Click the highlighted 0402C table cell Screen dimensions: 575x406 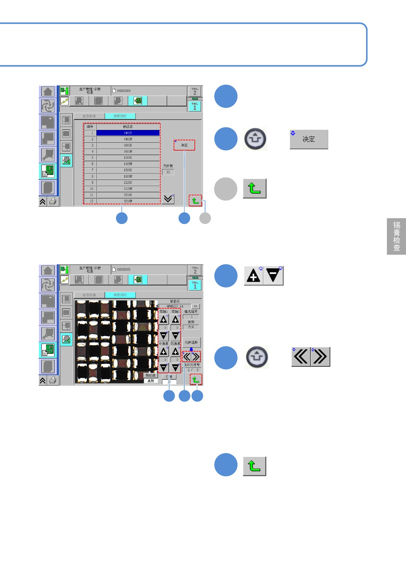click(128, 133)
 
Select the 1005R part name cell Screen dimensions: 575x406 click(128, 164)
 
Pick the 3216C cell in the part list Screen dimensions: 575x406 click(128, 195)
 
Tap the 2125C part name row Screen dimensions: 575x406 click(128, 183)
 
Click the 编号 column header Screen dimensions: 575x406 click(90, 127)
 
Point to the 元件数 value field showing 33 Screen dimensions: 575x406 click(168, 172)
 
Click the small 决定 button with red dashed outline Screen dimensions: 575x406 click(184, 145)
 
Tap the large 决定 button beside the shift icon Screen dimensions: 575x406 click(309, 139)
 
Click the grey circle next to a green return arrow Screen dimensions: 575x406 click(226, 189)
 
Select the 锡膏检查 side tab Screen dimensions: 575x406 click(396, 236)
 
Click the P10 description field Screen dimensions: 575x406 click(191, 327)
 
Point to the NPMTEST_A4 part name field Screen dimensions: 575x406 click(175, 306)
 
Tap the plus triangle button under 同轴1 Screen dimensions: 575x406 click(164, 320)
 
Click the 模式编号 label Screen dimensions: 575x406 click(191, 312)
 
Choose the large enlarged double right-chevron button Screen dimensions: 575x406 click(320, 357)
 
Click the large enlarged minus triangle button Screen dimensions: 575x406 click(274, 276)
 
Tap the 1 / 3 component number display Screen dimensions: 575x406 click(193, 370)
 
